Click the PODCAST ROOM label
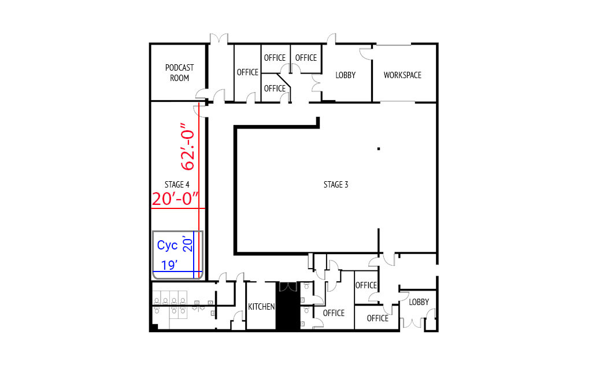click(x=179, y=72)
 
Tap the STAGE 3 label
click(x=336, y=185)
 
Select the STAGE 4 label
click(x=177, y=185)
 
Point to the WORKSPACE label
click(x=402, y=75)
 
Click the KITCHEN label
click(x=261, y=307)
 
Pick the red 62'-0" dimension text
click(x=188, y=146)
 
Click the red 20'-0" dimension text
click(x=175, y=199)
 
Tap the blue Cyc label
click(x=167, y=245)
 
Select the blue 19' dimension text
click(x=169, y=265)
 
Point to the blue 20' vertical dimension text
click(x=188, y=244)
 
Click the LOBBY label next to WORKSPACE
click(x=346, y=75)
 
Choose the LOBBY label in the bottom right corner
click(x=419, y=302)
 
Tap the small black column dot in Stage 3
click(x=379, y=149)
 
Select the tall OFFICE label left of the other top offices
click(x=247, y=72)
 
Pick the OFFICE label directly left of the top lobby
click(x=306, y=57)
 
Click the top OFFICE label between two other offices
click(x=275, y=57)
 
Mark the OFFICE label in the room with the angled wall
click(x=275, y=88)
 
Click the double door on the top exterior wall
click(x=219, y=39)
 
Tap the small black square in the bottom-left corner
click(x=154, y=327)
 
